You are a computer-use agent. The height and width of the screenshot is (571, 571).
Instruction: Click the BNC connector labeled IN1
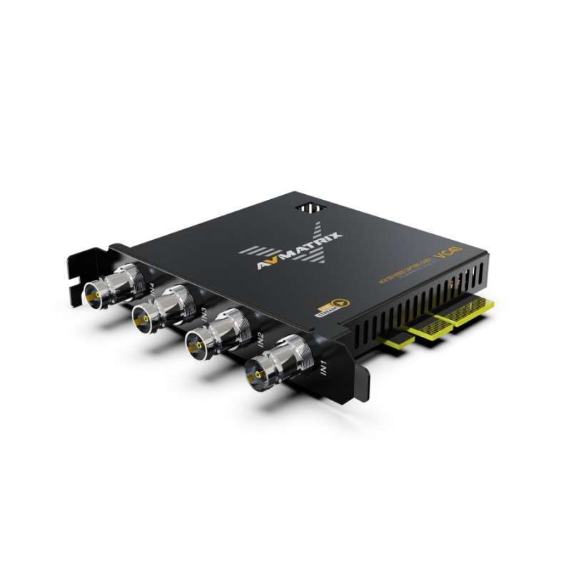275,365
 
